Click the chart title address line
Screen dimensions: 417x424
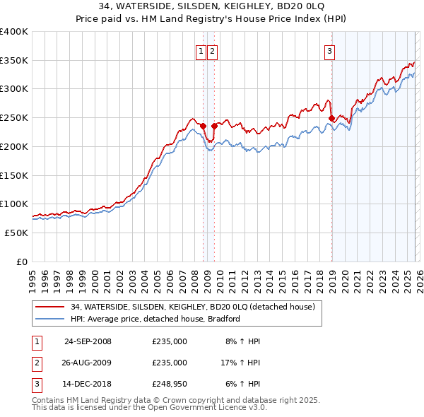[212, 7]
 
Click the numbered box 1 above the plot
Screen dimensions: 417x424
[201, 50]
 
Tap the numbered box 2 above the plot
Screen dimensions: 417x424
[212, 50]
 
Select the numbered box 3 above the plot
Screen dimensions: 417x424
[329, 50]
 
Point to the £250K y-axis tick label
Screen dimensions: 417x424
[14, 117]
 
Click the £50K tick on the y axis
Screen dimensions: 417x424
[16, 233]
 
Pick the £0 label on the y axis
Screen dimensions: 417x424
[23, 262]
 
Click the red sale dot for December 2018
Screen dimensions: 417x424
[331, 119]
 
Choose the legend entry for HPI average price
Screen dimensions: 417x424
[155, 319]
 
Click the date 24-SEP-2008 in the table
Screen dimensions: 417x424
[88, 341]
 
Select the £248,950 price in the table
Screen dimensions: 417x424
[170, 384]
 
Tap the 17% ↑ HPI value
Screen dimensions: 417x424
[240, 363]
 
